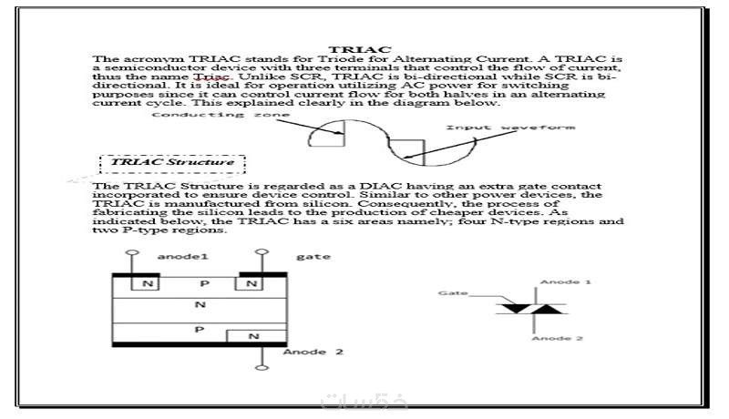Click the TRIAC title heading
360,49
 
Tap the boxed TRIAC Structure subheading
172,162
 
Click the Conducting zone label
221,115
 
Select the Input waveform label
510,128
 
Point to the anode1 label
183,257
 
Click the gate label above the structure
313,257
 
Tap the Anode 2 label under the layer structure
313,352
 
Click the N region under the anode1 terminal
146,283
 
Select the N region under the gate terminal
249,283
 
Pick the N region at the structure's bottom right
256,336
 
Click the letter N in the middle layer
200,305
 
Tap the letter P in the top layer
204,283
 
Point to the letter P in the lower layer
199,330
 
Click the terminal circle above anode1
132,252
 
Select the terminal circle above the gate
262,251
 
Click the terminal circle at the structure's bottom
262,368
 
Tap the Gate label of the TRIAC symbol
453,293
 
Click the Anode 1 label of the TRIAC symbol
565,282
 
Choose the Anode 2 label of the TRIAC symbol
558,338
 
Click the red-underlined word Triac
211,77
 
